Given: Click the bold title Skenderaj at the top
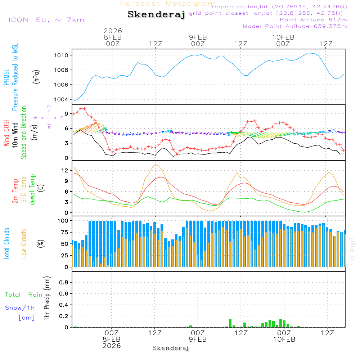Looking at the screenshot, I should click(156, 15).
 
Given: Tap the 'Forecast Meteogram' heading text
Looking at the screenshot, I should click(168, 4).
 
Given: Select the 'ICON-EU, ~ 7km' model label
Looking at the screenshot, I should click(46, 20).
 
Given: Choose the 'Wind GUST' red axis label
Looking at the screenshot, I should click(6, 133).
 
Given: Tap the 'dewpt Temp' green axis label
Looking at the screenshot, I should click(33, 190).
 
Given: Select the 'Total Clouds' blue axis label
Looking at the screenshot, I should click(7, 244).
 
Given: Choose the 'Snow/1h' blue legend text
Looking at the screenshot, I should click(20, 308).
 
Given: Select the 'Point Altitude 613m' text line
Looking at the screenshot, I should click(313, 20).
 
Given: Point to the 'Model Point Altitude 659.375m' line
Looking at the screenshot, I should click(295, 26).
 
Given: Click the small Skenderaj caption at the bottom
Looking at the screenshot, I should click(171, 348).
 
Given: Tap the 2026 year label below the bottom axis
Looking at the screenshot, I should click(111, 346).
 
